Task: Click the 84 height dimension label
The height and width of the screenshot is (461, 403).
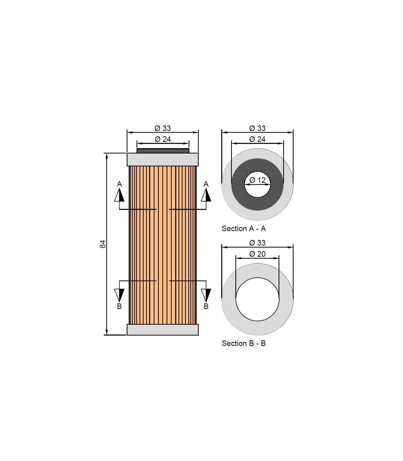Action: point(103,244)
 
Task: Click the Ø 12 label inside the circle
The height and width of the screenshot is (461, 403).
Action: point(258,180)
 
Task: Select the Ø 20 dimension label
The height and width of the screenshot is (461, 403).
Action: point(257,254)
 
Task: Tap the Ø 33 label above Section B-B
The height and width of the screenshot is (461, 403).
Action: point(257,243)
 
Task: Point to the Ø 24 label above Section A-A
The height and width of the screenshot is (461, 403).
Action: point(257,139)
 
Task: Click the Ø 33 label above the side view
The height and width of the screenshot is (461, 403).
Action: point(163,128)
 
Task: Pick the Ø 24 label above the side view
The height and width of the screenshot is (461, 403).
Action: point(163,139)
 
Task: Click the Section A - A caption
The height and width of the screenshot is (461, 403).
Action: point(244,228)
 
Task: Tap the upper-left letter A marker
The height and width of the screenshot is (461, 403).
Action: point(119,184)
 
